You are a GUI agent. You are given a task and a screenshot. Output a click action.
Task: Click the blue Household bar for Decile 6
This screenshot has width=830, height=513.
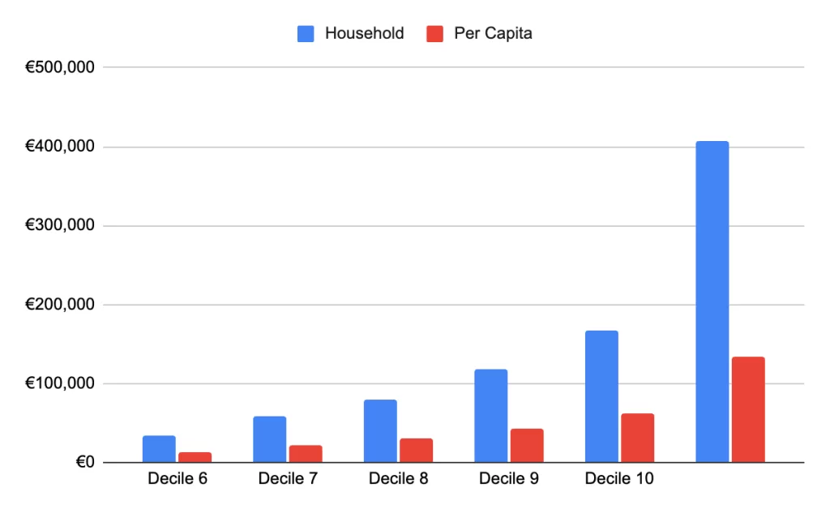pos(159,449)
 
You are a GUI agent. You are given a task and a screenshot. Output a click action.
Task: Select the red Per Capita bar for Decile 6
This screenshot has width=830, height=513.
pos(195,457)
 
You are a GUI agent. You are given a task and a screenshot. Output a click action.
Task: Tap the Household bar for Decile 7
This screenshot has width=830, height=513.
pos(269,439)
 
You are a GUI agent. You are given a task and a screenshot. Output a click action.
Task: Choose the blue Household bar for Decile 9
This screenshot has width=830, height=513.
pos(490,416)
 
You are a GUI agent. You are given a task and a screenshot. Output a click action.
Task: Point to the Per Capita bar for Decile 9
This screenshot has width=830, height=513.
pos(527,446)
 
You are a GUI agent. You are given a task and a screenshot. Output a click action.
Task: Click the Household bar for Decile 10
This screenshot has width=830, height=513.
pos(601,396)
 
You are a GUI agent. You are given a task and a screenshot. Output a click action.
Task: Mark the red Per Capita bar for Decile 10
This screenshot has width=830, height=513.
pos(637,438)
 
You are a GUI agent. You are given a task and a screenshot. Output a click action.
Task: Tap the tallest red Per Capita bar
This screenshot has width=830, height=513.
pos(748,409)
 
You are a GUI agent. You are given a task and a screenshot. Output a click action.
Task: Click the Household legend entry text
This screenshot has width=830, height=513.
pos(364,34)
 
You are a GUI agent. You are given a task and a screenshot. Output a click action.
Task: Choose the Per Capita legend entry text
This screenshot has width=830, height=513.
pos(492,34)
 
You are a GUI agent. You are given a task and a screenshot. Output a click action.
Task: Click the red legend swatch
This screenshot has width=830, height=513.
pos(434,34)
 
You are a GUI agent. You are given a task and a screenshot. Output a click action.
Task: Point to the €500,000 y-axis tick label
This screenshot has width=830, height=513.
pos(61,68)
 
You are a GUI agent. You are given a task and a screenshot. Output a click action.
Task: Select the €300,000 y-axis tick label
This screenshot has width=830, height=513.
pos(61,226)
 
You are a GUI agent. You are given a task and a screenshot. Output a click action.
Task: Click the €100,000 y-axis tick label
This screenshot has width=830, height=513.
pos(61,384)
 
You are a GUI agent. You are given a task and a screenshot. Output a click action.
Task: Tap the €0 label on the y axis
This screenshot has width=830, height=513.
pos(84,463)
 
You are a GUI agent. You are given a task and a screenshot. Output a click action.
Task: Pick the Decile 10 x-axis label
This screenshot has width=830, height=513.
pos(619,479)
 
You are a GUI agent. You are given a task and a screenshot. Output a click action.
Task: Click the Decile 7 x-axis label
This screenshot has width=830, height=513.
pos(288,479)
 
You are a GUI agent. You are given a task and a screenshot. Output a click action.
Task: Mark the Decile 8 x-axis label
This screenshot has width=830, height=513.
pos(398,479)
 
